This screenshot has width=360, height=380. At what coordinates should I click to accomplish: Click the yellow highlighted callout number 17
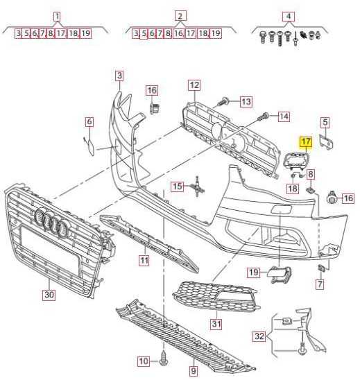pos(306,141)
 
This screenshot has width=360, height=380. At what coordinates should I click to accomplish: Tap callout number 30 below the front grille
pos(49,295)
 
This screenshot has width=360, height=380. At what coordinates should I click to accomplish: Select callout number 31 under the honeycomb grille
pos(216,324)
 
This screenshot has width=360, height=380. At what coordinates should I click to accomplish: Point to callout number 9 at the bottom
pos(194,370)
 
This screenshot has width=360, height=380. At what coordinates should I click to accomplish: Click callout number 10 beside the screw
pos(144,361)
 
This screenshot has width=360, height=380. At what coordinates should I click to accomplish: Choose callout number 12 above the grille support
pos(194,85)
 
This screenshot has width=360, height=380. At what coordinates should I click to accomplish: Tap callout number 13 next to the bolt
pos(246,101)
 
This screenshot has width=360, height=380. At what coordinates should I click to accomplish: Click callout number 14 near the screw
pos(284,116)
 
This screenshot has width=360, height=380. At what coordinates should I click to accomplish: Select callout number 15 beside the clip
pos(177,187)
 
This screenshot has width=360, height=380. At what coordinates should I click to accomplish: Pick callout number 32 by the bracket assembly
pos(259,336)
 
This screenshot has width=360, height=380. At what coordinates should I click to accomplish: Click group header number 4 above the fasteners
pos(289,17)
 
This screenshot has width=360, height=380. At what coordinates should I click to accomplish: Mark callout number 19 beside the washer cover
pos(254,272)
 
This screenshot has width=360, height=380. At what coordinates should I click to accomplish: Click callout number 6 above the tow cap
pos(89,121)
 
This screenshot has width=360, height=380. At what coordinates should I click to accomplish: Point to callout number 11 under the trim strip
pos(144,261)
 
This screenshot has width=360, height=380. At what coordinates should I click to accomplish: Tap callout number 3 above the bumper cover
pos(119,76)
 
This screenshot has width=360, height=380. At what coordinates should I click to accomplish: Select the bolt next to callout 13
pos(223,101)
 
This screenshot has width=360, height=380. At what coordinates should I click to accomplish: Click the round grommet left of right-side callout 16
pos(332,198)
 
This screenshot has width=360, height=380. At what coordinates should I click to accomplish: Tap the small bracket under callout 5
pos(326,143)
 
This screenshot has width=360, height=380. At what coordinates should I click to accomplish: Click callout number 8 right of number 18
pos(311,174)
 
